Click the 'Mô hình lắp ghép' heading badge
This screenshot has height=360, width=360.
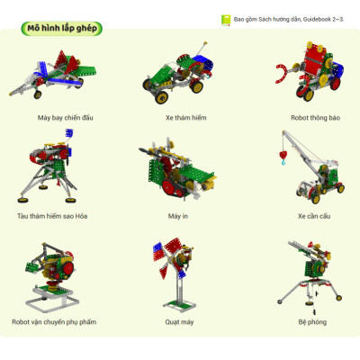click(x=62, y=29)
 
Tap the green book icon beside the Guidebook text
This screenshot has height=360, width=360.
click(x=226, y=20)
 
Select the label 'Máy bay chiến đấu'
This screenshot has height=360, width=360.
click(x=66, y=118)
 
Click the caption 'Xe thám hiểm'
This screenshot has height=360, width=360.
click(x=186, y=118)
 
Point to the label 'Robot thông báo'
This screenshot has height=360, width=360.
click(x=315, y=118)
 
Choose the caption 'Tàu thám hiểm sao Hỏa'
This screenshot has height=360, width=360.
click(x=52, y=216)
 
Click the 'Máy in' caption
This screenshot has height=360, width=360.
click(x=178, y=216)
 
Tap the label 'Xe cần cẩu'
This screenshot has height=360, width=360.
click(x=314, y=216)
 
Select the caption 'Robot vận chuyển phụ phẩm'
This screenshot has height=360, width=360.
click(x=54, y=322)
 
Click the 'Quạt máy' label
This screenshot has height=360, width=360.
click(x=179, y=322)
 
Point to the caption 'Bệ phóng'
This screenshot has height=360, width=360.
click(x=312, y=322)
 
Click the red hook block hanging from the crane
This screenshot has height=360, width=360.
click(x=283, y=156)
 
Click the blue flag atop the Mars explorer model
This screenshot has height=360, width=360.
click(x=69, y=133)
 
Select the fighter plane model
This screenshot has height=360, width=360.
click(x=53, y=74)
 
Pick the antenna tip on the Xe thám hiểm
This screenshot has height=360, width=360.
click(x=205, y=43)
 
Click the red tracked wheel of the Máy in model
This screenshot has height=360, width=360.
click(x=172, y=187)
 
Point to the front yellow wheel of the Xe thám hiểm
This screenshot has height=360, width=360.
click(x=161, y=97)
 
